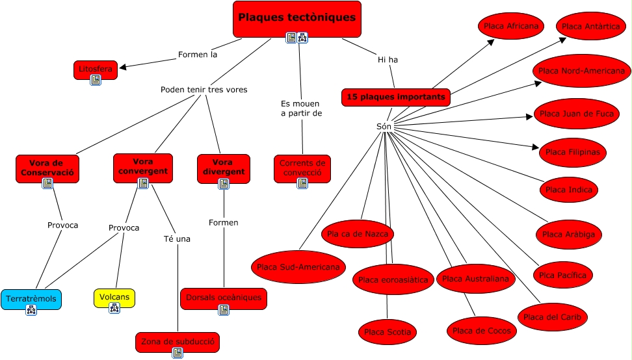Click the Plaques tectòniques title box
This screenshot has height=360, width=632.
(296, 18)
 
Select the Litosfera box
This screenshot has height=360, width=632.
(96, 68)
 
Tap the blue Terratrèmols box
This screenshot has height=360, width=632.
(31, 299)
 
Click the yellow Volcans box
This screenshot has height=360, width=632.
(114, 297)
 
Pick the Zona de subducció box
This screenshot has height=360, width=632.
(177, 341)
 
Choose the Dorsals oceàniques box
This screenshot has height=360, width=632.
(223, 297)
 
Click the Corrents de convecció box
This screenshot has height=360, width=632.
(302, 168)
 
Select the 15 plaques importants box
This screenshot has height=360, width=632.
(395, 97)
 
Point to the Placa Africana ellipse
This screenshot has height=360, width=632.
(511, 26)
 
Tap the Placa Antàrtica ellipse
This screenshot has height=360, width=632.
(590, 26)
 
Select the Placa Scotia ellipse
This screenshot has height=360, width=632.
(388, 332)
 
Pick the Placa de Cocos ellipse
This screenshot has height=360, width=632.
(482, 331)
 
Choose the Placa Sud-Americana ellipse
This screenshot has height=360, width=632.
(298, 266)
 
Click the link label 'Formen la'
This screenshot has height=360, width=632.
(197, 55)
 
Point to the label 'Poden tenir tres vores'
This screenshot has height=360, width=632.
(204, 89)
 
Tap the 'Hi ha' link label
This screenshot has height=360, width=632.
(388, 60)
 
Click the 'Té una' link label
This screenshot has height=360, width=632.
(177, 238)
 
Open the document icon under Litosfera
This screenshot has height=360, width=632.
(96, 80)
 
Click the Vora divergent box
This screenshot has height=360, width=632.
(223, 167)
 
